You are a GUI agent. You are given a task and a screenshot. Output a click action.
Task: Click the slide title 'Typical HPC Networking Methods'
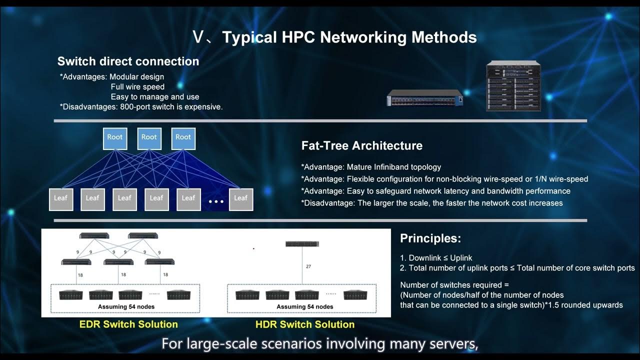coord(334,37)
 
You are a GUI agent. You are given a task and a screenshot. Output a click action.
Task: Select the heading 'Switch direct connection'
coord(128,61)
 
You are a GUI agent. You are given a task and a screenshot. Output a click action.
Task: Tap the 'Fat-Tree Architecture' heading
coord(361,145)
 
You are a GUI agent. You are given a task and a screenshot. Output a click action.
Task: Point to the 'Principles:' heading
coord(430,238)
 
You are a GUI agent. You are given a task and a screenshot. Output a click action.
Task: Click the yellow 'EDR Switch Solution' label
coord(128,324)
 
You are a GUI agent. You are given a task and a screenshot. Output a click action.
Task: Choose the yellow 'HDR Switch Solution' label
coord(304,324)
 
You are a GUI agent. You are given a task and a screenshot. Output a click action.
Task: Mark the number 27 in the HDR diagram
coord(308,266)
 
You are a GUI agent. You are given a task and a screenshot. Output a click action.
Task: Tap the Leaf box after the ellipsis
coord(240,198)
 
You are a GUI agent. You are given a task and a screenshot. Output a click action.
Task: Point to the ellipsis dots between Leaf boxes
coord(216,201)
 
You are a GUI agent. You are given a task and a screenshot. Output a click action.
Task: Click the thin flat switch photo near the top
coord(425,98)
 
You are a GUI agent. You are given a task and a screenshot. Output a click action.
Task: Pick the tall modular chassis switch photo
coord(513,86)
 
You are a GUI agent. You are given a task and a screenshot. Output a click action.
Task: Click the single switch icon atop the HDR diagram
coord(302,244)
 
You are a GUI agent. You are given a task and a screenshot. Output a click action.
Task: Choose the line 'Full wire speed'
coord(137,87)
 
